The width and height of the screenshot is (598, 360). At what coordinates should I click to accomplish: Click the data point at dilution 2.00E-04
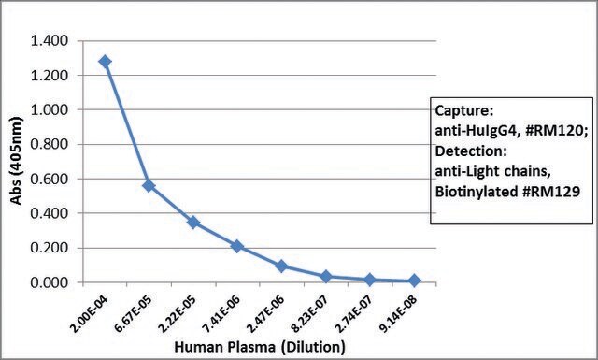coord(105,62)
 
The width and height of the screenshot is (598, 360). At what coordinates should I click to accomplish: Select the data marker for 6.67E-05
coord(149,186)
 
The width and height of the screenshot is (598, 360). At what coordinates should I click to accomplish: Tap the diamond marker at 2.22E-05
coord(193,223)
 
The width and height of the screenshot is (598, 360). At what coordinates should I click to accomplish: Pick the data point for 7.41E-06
coord(237,246)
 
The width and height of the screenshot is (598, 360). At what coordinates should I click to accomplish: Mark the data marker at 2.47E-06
coord(281,266)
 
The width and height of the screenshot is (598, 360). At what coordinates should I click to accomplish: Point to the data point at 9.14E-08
coord(414,281)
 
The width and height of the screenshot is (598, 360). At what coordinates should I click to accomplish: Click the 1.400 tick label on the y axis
coord(50,40)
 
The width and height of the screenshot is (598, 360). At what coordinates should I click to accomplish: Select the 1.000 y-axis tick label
coord(50,109)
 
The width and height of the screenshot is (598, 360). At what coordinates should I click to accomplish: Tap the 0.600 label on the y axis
coord(50,179)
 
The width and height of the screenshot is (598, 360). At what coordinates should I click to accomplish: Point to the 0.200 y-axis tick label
coord(50,248)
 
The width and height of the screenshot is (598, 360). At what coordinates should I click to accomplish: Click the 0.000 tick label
coord(50,282)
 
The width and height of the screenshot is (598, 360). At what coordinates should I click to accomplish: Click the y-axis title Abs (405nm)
coord(16,161)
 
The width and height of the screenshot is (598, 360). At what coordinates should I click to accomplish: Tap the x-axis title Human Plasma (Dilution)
coord(260,347)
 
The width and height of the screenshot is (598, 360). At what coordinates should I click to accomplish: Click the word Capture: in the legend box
coord(464,111)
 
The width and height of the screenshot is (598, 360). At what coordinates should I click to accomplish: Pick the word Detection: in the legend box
coord(471,151)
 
